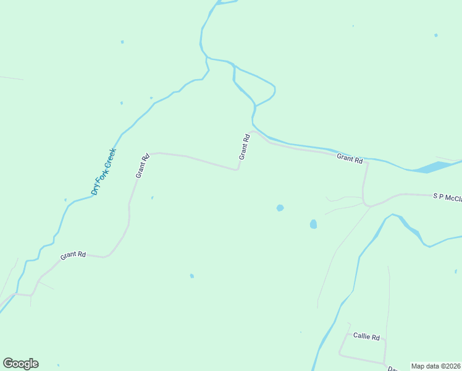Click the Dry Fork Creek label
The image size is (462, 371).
coord(103,171)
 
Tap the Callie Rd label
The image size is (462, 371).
coord(366,336)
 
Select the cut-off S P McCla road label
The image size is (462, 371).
coord(447,197)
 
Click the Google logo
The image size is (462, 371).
coord(20,364)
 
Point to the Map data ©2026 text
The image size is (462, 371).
coord(435,366)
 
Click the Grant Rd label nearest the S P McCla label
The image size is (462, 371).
coord(350,159)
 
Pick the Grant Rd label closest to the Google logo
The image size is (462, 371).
coord(73,255)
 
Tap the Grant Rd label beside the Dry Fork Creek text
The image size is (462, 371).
coord(143,166)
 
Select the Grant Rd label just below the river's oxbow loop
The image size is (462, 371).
coord(245,147)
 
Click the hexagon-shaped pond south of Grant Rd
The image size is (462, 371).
coord(280,208)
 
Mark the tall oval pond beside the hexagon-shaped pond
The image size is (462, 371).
coord(313,224)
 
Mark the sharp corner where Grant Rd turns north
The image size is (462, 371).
coord(237,169)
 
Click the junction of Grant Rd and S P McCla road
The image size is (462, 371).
coord(365,203)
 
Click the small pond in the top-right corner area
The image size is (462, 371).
coord(435,35)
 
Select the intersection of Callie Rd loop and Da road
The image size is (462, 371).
coord(385,364)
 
